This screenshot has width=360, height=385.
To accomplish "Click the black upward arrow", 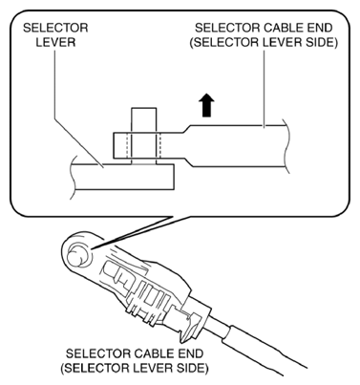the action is [x=206, y=105].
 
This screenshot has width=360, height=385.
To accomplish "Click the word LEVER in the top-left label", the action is [x=55, y=42].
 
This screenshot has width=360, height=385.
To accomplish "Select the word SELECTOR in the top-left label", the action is [x=55, y=28].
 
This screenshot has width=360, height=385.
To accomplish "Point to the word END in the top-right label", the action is [x=317, y=28].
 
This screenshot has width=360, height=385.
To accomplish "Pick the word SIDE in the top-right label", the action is [x=321, y=42].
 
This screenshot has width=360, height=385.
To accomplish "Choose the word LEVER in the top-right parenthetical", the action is [x=281, y=42].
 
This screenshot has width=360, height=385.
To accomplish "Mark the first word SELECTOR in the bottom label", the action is [x=98, y=353].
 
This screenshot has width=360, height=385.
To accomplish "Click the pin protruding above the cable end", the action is [x=144, y=120].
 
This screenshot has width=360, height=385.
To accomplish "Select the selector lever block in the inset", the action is [x=123, y=177].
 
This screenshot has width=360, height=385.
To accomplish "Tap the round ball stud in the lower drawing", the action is [x=76, y=256].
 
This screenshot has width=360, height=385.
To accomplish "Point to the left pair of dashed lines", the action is [x=129, y=145].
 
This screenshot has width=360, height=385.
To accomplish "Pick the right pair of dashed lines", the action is [x=159, y=145].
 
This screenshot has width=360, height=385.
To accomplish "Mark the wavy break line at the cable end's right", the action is [x=286, y=146].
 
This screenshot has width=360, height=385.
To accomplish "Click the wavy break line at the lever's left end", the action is [x=73, y=176].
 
